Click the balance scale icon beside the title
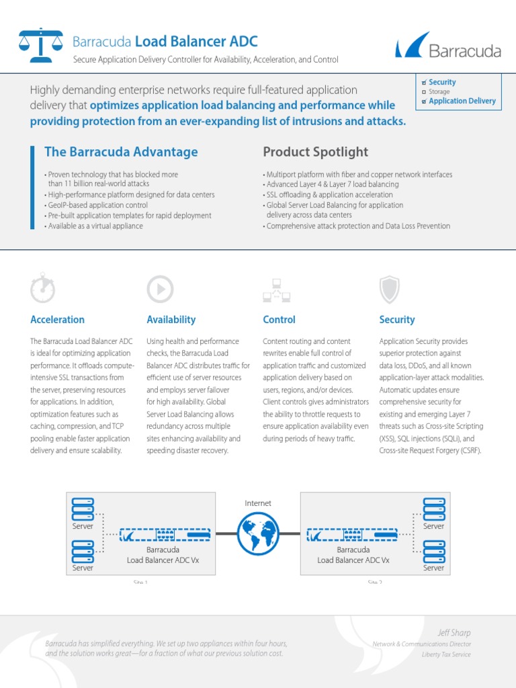click(x=40, y=45)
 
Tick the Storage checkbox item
click(x=424, y=91)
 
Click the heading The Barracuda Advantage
click(x=121, y=152)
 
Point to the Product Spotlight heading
click(x=315, y=152)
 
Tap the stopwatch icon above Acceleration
click(x=43, y=289)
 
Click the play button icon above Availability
click(x=160, y=289)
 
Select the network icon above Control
click(x=276, y=290)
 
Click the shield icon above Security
click(x=390, y=290)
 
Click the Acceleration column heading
click(x=58, y=320)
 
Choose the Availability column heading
click(x=171, y=320)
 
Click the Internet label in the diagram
click(x=258, y=503)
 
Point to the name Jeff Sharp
click(x=454, y=633)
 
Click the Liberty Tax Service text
click(x=446, y=654)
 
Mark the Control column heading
click(x=279, y=320)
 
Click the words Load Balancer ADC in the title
click(x=196, y=42)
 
